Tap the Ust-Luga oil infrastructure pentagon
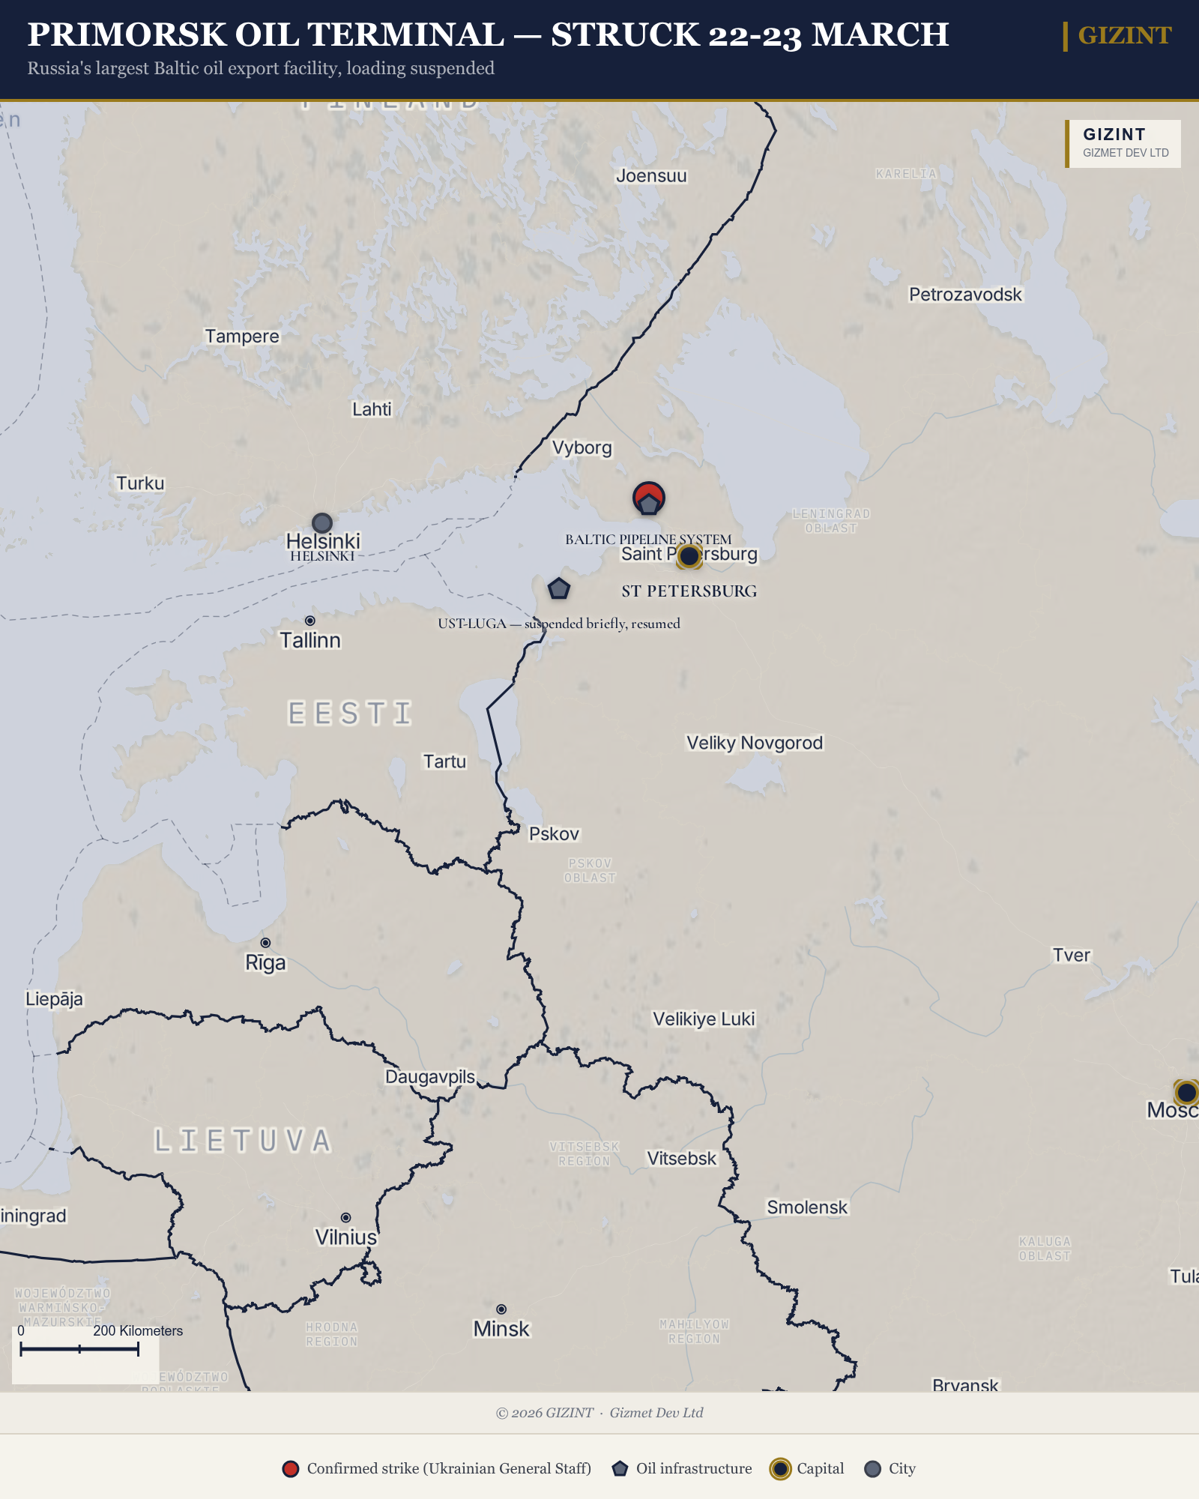(558, 589)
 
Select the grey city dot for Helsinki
(321, 522)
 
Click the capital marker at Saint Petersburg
(689, 556)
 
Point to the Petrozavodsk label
(965, 295)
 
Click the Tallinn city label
(310, 641)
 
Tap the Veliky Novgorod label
(755, 743)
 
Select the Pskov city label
(554, 834)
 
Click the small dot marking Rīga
(265, 943)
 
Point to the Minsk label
(501, 1329)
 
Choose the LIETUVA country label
(243, 1141)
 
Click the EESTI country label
(350, 714)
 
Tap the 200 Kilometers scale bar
(79, 1349)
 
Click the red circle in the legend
(291, 1469)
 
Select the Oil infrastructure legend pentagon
(620, 1469)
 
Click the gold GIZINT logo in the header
(1124, 35)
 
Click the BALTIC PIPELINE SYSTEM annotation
(648, 539)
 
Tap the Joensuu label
(651, 176)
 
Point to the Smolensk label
(807, 1207)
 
